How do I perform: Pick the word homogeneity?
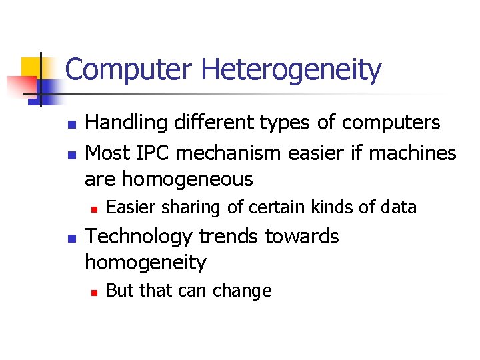pyautogui.click(x=145, y=263)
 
